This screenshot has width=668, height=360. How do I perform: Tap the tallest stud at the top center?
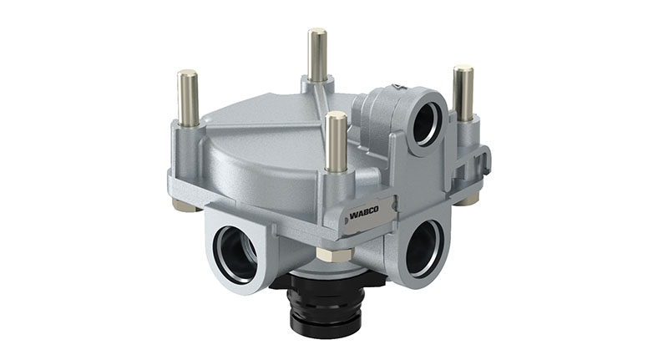317,55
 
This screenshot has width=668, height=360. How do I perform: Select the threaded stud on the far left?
188,99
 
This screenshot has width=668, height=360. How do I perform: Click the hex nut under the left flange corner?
185,204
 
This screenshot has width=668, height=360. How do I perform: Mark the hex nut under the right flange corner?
468,199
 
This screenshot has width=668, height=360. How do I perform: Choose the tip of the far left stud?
188,74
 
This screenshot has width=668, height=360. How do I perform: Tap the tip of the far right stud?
463,68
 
